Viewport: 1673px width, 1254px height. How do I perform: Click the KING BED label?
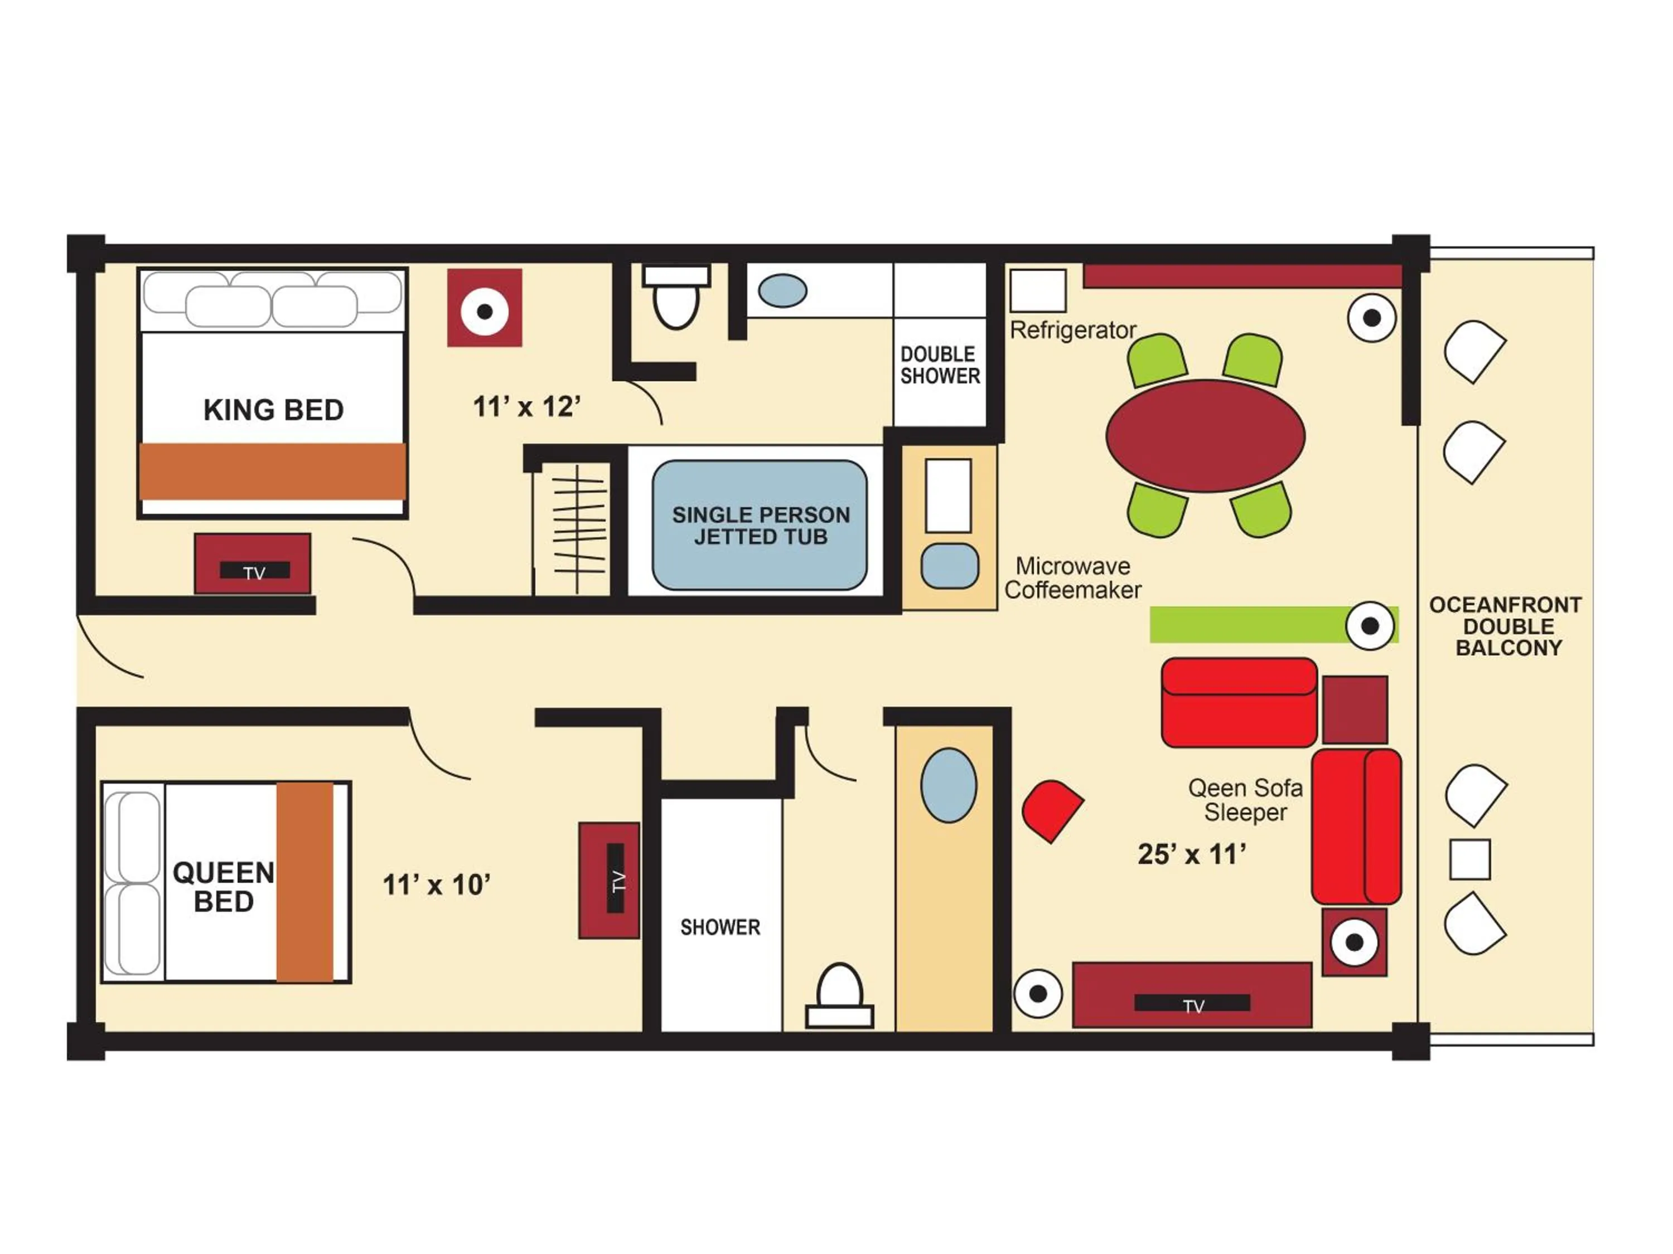pyautogui.click(x=273, y=410)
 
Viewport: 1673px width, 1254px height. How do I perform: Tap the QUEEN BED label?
pyautogui.click(x=223, y=887)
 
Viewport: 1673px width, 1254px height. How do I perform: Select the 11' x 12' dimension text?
pyautogui.click(x=526, y=407)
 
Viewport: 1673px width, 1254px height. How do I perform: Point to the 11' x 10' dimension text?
pyautogui.click(x=437, y=884)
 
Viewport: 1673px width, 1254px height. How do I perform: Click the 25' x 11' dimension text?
pyautogui.click(x=1192, y=854)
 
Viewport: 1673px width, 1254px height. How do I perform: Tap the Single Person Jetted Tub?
pyautogui.click(x=760, y=526)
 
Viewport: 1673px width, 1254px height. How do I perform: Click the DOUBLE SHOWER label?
pyautogui.click(x=939, y=365)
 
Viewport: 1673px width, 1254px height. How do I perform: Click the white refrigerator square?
pyautogui.click(x=1038, y=290)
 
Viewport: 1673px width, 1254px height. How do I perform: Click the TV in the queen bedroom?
pyautogui.click(x=610, y=881)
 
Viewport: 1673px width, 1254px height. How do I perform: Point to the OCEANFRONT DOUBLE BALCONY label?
pyautogui.click(x=1508, y=626)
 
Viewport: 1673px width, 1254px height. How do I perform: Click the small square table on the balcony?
pyautogui.click(x=1469, y=859)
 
